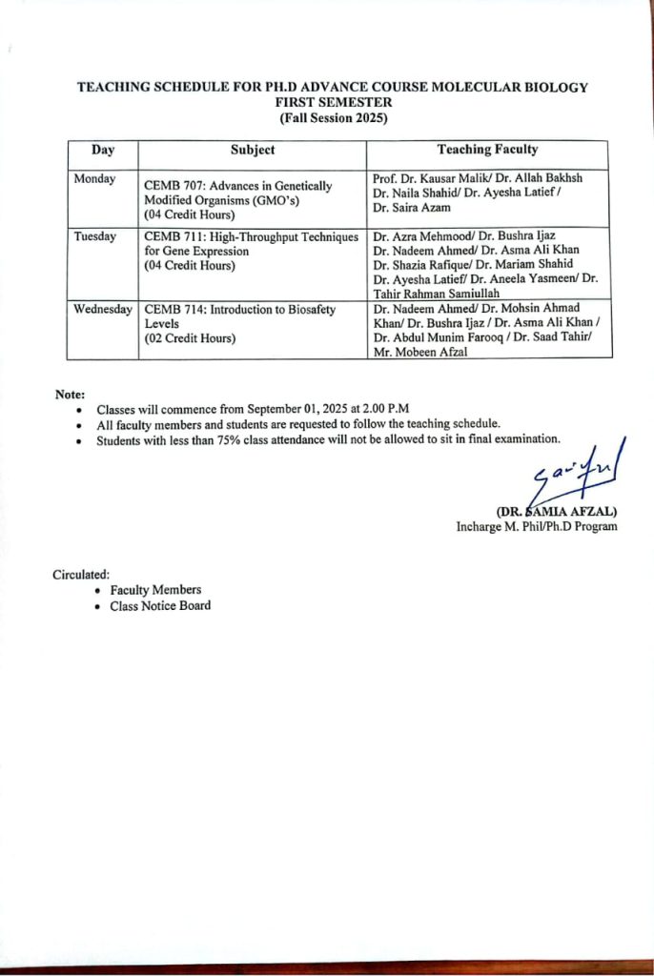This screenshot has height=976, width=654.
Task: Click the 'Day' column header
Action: pos(103,150)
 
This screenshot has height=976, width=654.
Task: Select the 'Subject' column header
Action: pos(253,150)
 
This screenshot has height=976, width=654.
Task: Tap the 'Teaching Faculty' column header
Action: pos(487,150)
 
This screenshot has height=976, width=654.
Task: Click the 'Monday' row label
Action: pos(94,179)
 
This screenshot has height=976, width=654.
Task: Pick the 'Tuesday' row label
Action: pos(95,236)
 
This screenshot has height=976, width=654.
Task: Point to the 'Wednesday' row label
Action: pos(102,310)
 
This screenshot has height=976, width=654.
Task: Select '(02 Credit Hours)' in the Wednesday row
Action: pos(190,338)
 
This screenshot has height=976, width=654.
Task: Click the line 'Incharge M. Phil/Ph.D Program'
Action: pos(536,526)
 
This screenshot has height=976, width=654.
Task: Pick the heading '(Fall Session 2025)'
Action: pos(333,118)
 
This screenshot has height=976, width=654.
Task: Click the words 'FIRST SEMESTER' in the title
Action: pos(333,102)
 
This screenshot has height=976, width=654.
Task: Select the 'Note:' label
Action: pos(70,394)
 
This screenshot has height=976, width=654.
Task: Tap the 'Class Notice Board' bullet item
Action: pos(160,605)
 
